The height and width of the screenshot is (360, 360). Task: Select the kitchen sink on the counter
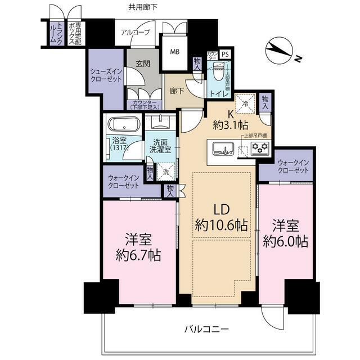click(222, 150)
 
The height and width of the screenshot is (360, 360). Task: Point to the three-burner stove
click(260, 148)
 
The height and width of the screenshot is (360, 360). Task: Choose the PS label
click(225, 54)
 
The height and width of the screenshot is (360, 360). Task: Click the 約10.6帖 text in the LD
click(220, 226)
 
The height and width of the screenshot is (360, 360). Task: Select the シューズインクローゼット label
click(106, 76)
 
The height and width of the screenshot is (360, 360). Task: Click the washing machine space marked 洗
click(165, 172)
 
